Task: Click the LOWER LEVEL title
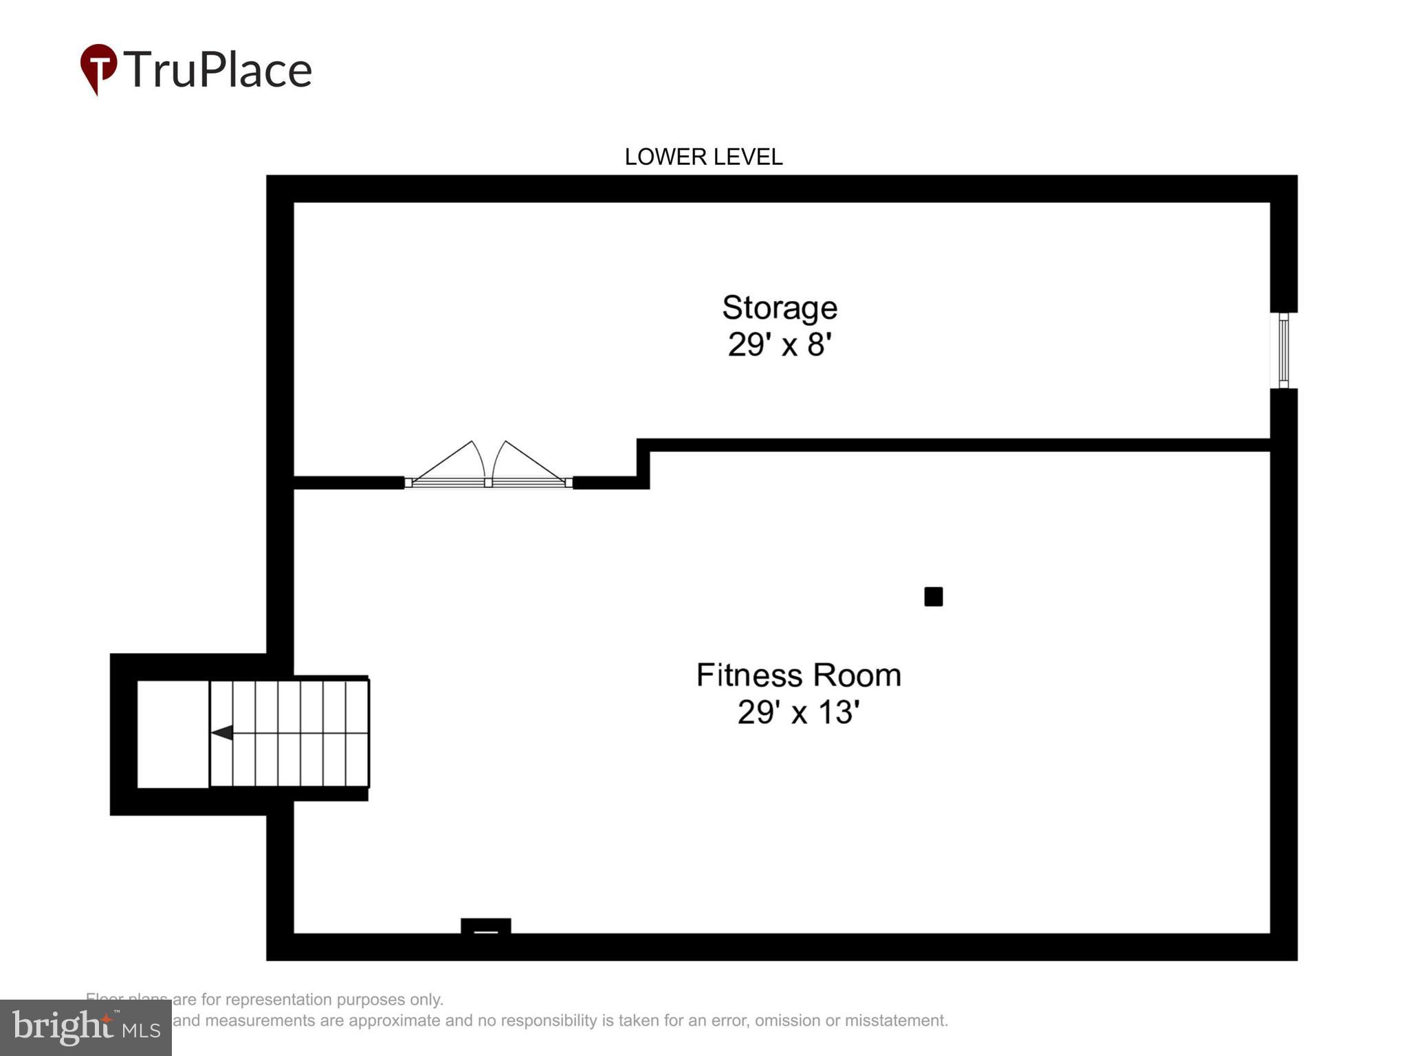click(703, 157)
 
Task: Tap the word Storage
click(779, 308)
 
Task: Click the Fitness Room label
click(798, 675)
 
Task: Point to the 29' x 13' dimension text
click(798, 712)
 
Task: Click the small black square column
click(933, 597)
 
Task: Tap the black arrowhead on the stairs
click(221, 733)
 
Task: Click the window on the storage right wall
click(1283, 351)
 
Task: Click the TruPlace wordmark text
click(218, 70)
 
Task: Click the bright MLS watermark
click(86, 1028)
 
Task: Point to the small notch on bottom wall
click(485, 927)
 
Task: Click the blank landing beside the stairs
click(173, 734)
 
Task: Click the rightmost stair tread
click(357, 733)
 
